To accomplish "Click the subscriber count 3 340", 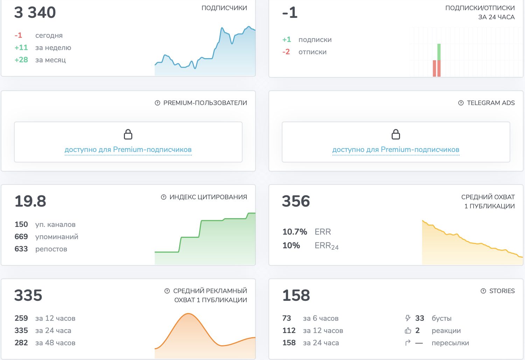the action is point(35,12).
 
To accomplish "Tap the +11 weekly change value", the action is point(21,48).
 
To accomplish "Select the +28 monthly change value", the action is point(21,60).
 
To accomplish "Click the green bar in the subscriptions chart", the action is point(439,52).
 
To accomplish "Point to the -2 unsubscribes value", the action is point(286,51).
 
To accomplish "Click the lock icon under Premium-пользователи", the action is point(128,134).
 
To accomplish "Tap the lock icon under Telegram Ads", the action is point(395,134).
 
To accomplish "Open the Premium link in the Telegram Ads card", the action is point(395,150).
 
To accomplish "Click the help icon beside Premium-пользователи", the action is point(157,103).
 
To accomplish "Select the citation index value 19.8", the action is point(30,201).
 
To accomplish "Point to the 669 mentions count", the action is point(21,236).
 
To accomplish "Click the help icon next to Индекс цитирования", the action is point(163,197).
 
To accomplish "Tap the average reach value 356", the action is point(296,201).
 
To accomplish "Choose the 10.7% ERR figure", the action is point(295,232).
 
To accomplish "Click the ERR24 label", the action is point(327,246).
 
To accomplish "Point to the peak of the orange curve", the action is point(188,313).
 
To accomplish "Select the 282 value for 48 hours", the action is point(21,342).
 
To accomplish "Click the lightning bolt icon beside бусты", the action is point(408,318).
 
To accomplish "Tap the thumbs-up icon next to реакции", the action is point(408,331).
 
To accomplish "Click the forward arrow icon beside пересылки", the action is point(408,342).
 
